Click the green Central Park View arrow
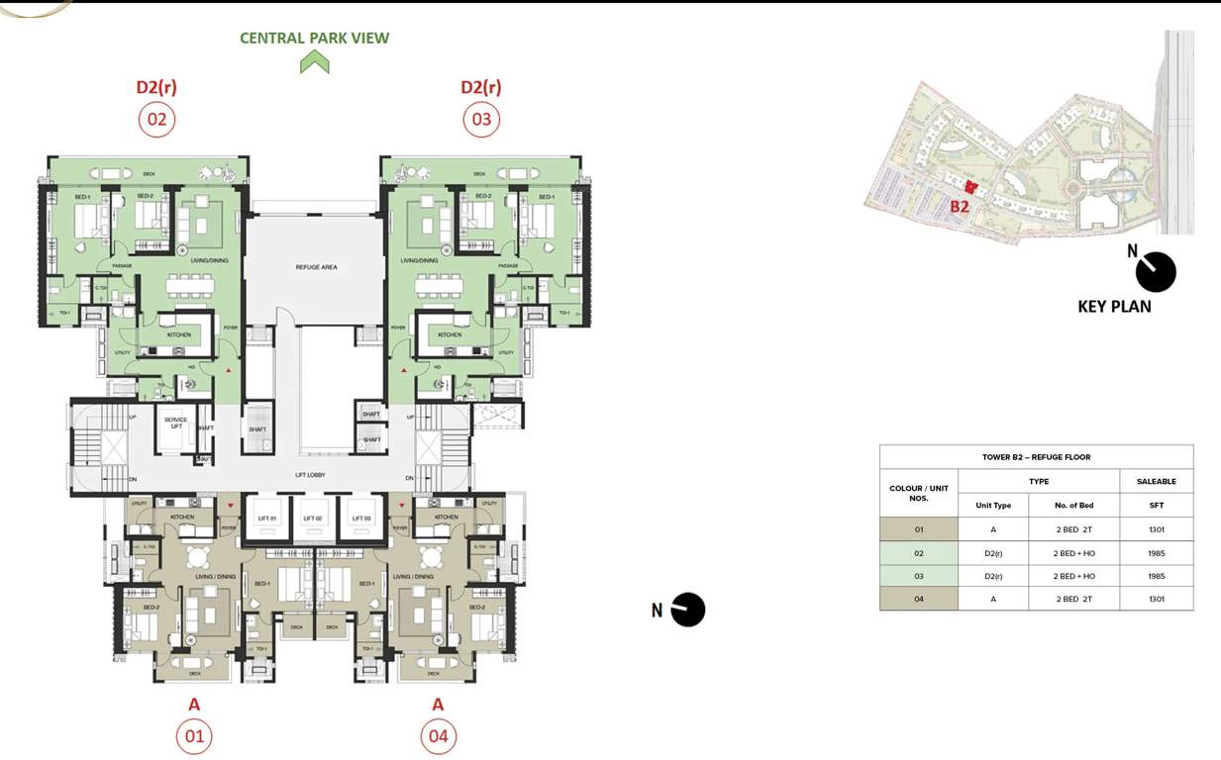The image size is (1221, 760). tap(314, 62)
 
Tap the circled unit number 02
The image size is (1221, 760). tap(156, 120)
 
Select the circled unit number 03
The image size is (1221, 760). tap(481, 120)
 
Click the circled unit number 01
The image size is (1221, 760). tap(194, 736)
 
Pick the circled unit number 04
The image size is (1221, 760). tap(438, 736)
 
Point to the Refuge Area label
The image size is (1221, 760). tap(316, 267)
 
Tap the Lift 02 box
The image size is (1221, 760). tap(313, 518)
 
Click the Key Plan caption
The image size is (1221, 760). tap(1114, 307)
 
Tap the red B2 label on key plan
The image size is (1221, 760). tap(959, 207)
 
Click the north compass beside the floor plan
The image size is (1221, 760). tap(687, 610)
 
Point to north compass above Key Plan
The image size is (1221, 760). tap(1155, 271)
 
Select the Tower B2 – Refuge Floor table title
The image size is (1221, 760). tap(1036, 457)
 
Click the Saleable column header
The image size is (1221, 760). tap(1156, 482)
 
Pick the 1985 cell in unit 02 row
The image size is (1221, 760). tap(1156, 553)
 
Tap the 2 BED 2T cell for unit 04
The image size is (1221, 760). tap(1074, 599)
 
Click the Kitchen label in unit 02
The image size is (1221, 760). tap(179, 334)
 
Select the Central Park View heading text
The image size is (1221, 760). tap(314, 39)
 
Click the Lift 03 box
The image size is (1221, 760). tap(360, 518)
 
